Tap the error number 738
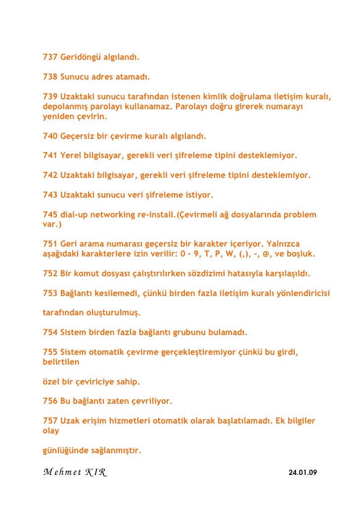coord(50,78)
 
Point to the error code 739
coord(50,96)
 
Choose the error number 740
coord(50,136)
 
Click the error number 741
coord(50,155)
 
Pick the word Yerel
coord(71,155)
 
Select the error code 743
coord(50,195)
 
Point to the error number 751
coord(50,244)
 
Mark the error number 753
coord(50,293)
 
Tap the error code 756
coord(50,401)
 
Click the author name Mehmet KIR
coord(74,472)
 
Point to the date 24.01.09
coord(302,473)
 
